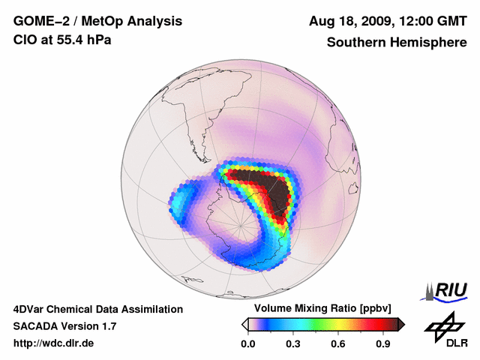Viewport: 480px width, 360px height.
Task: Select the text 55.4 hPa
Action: pyautogui.click(x=83, y=39)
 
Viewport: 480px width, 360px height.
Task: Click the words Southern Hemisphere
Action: pyautogui.click(x=395, y=42)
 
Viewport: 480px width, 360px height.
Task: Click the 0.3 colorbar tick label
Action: pyautogui.click(x=293, y=344)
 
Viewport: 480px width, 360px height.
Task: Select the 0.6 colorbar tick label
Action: pyautogui.click(x=339, y=344)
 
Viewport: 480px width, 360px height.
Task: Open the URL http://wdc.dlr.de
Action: pyautogui.click(x=54, y=343)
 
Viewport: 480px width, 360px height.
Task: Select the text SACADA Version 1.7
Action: pyautogui.click(x=64, y=326)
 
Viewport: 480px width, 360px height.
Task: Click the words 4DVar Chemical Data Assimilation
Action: pyautogui.click(x=97, y=309)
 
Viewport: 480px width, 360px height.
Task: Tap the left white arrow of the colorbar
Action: pyautogui.click(x=244, y=324)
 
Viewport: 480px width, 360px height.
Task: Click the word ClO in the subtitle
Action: pyautogui.click(x=25, y=39)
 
